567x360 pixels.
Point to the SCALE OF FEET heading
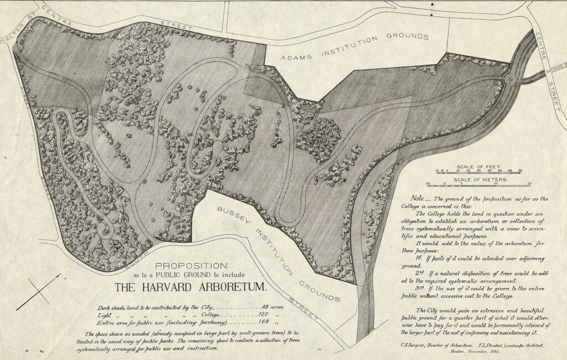(473, 166)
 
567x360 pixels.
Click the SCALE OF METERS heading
(473, 179)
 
